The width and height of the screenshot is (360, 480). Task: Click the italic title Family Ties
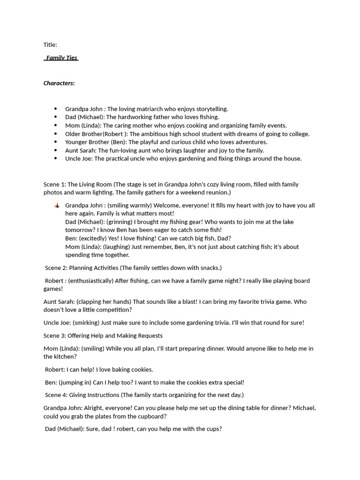(61, 58)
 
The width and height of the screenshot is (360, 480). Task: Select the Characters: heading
(59, 83)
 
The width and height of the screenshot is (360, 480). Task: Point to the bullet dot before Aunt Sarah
(55, 150)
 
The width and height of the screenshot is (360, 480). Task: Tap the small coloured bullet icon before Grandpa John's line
(57, 206)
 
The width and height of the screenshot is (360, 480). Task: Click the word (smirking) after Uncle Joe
(87, 323)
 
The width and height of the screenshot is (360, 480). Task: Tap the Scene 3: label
(54, 336)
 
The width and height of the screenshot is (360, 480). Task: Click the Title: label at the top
(50, 45)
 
